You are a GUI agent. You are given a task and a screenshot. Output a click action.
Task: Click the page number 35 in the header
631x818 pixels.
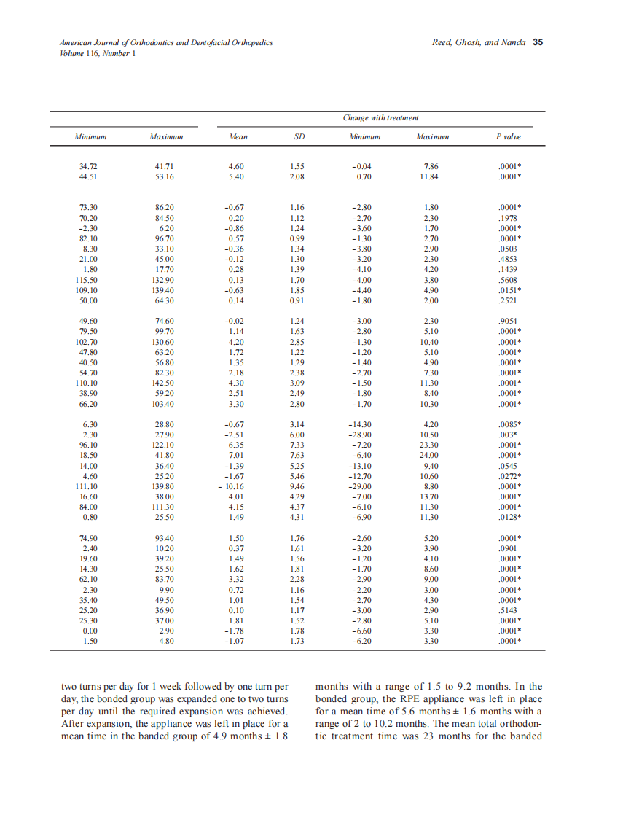point(538,42)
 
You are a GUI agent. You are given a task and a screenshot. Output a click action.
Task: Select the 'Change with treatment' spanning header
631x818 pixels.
point(380,118)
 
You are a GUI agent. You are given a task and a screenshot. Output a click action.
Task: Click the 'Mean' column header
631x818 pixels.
point(238,136)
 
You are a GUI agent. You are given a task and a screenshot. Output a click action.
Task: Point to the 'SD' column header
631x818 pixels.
point(298,136)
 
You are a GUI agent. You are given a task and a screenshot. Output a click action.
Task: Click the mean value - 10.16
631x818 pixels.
point(234,486)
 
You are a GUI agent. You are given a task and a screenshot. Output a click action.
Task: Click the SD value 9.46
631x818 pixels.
point(297,486)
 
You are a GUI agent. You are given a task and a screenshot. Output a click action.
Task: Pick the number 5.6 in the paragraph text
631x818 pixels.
point(407,712)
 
